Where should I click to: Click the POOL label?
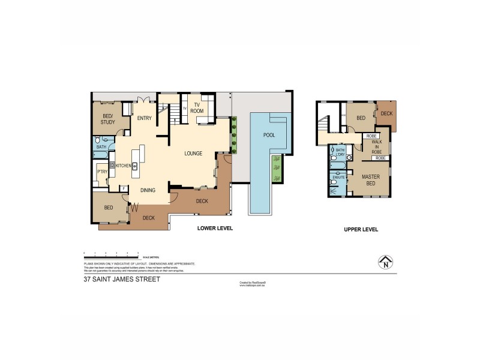point(269,135)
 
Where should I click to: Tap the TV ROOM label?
point(196,108)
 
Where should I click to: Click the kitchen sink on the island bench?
point(135,166)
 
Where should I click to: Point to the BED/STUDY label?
point(109,119)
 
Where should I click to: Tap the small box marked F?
point(124,189)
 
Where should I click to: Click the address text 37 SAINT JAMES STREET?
point(122,279)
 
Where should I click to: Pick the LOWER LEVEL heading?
point(215,229)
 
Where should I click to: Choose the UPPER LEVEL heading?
point(361,230)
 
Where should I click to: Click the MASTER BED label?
point(368,179)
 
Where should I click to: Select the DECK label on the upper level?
point(386,113)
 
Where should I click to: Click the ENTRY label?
point(144,118)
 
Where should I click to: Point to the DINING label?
point(148,191)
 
